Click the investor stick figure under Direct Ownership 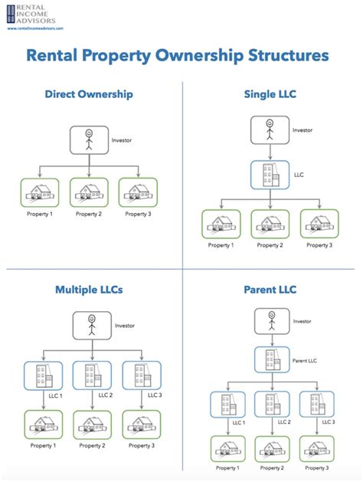(x=90, y=139)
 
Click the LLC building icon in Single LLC (x=267, y=173)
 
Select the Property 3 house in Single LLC (x=319, y=224)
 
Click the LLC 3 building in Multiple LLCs (x=140, y=375)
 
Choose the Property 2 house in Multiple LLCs (x=90, y=424)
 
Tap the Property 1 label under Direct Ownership (x=39, y=214)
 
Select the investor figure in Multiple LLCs (x=90, y=325)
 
